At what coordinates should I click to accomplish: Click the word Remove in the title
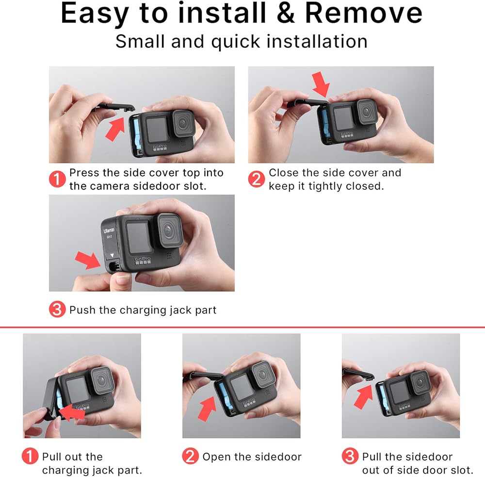pyautogui.click(x=364, y=13)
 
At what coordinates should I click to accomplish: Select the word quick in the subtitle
pyautogui.click(x=235, y=42)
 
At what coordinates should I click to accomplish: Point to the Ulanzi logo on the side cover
pyautogui.click(x=109, y=230)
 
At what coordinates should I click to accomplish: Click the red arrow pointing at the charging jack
pyautogui.click(x=88, y=260)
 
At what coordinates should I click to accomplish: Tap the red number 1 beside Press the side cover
pyautogui.click(x=57, y=179)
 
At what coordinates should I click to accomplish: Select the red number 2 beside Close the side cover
pyautogui.click(x=257, y=179)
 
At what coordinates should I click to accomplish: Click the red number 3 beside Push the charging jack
pyautogui.click(x=57, y=309)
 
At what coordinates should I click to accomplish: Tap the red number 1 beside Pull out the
pyautogui.click(x=30, y=456)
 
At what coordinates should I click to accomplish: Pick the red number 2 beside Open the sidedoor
pyautogui.click(x=190, y=456)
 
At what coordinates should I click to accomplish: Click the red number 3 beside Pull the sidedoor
pyautogui.click(x=350, y=456)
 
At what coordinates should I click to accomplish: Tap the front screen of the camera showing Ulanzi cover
pyautogui.click(x=139, y=237)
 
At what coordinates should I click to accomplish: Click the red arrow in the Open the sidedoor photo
pyautogui.click(x=207, y=408)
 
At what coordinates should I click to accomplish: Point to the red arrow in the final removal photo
pyautogui.click(x=363, y=396)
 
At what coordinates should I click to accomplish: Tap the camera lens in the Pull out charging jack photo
pyautogui.click(x=102, y=380)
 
